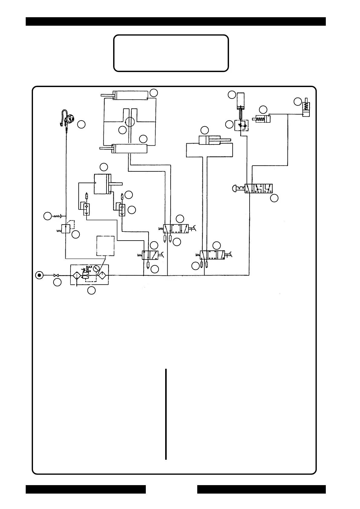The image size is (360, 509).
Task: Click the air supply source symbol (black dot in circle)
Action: (39, 275)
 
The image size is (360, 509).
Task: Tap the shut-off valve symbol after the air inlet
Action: (56, 275)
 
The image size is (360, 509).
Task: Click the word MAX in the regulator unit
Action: (89, 267)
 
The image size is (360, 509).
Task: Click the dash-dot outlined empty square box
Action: (105, 246)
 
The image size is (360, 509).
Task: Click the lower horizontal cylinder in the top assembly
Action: (129, 148)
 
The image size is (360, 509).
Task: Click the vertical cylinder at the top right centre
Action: (241, 101)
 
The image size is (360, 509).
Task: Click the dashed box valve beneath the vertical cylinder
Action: (241, 125)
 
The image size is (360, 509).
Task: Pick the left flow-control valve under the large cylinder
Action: (87, 208)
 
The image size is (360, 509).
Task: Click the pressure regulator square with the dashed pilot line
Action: (66, 229)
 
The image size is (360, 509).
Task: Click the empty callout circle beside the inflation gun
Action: (81, 124)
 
